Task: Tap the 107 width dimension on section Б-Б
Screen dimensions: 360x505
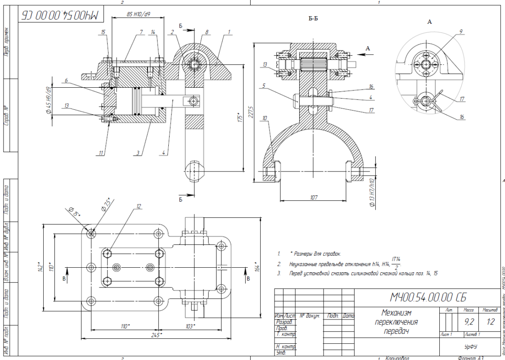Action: (x=314, y=197)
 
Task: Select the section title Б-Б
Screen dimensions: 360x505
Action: (x=314, y=19)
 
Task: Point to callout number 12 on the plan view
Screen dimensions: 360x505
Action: (x=139, y=206)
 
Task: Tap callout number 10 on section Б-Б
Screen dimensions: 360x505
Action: (x=265, y=118)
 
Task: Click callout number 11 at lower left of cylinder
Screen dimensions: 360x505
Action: (x=102, y=153)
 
